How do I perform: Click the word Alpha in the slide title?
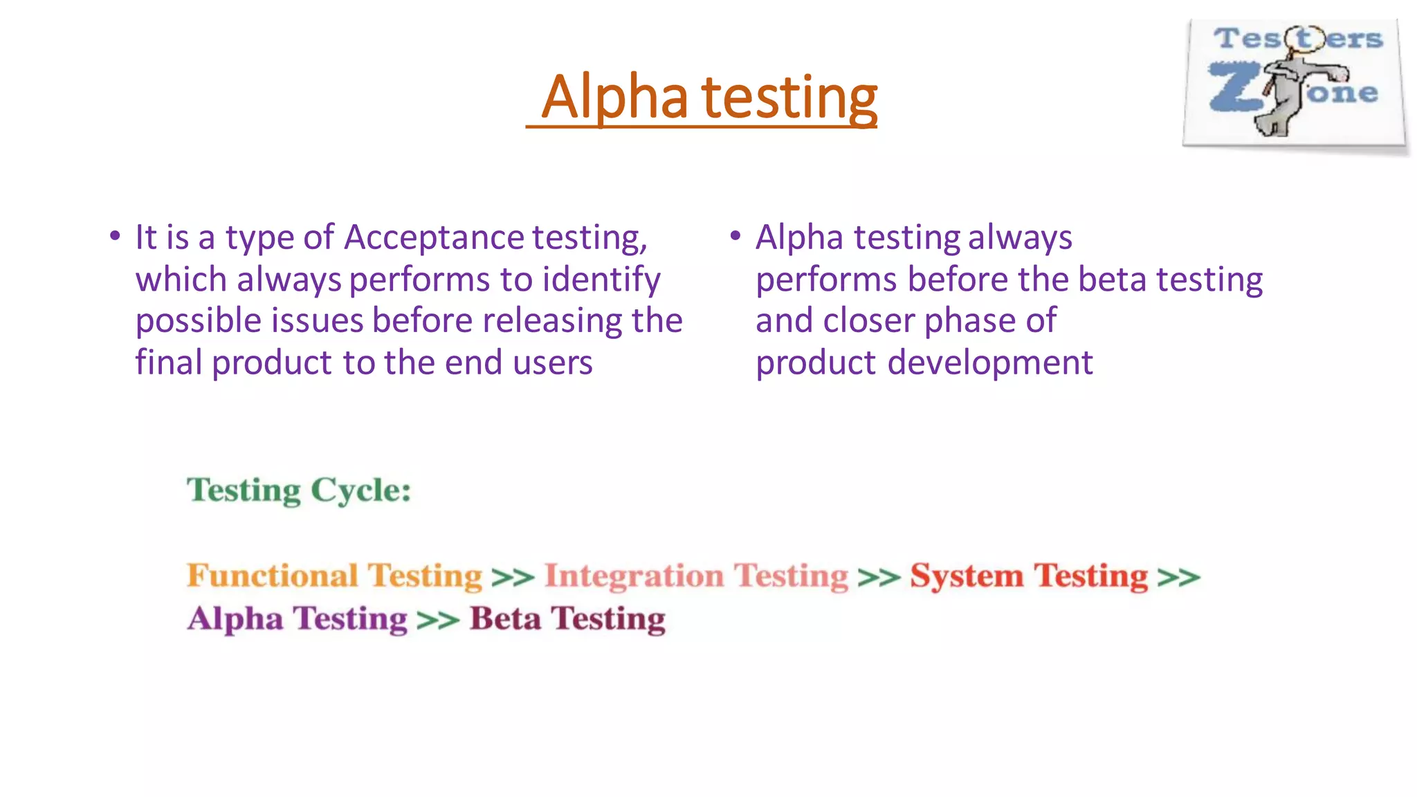click(614, 98)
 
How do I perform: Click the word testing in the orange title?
click(789, 98)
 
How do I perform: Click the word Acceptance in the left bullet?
click(435, 237)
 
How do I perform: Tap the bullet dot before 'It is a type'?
click(115, 236)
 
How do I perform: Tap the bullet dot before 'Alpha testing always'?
click(735, 236)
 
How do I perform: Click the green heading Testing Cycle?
click(299, 491)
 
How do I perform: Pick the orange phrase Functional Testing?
click(334, 576)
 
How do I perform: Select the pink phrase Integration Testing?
click(695, 576)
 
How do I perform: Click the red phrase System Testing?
click(1028, 576)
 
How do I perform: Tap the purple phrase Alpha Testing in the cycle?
click(298, 619)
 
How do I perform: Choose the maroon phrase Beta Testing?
click(567, 619)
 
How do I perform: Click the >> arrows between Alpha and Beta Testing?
click(438, 620)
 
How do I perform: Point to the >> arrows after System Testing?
click(1178, 577)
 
